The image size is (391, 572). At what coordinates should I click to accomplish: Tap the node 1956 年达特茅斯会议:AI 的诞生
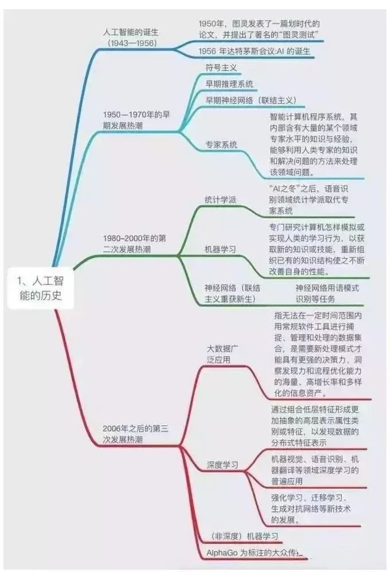[254, 51]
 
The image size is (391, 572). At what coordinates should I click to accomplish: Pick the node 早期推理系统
[229, 84]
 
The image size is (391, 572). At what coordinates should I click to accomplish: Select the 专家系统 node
[221, 144]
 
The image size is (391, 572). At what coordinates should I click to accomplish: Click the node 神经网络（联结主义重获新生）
[232, 293]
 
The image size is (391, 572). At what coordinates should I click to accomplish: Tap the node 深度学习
[222, 464]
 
